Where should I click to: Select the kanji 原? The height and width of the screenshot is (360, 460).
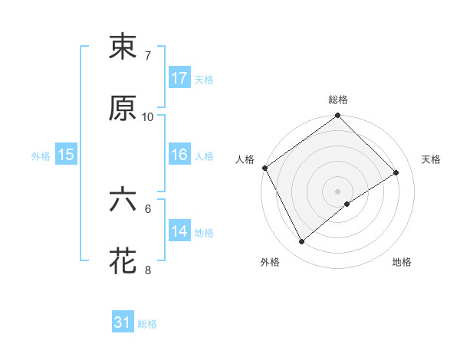[x=123, y=110]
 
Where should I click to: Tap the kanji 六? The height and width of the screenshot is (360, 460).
[x=123, y=200]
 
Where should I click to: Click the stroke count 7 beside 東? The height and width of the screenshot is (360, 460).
[x=147, y=56]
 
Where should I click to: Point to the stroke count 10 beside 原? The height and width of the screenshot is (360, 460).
[x=148, y=117]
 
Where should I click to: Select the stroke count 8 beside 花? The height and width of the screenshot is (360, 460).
[x=147, y=270]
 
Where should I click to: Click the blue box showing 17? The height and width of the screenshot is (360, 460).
[x=179, y=78]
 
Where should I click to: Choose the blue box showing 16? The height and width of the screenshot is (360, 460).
[x=179, y=155]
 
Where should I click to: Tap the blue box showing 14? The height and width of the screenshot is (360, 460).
[x=179, y=231]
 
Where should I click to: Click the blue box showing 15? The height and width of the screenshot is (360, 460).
[x=66, y=155]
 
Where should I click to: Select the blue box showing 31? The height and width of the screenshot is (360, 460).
[x=123, y=322]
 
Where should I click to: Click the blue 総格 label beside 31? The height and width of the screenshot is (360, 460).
[x=147, y=324]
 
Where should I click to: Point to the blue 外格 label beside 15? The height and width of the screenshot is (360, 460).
[x=41, y=155]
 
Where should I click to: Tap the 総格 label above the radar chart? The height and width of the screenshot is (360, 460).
[x=338, y=100]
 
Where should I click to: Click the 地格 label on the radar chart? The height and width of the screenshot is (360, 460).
[x=402, y=262]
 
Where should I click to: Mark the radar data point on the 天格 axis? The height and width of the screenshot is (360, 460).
[x=396, y=173]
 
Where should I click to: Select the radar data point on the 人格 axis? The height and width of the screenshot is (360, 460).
[x=264, y=168]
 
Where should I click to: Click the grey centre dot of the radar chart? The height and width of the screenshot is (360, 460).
[x=337, y=191]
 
